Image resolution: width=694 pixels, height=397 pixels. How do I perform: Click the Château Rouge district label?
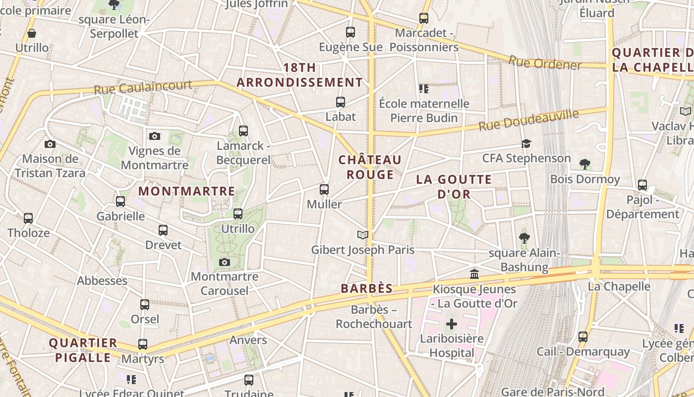click(370, 167)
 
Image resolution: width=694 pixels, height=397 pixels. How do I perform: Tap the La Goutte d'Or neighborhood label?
click(454, 187)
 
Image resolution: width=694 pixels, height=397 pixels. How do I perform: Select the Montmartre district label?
click(186, 191)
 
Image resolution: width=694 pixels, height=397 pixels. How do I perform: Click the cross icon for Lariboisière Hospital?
click(451, 324)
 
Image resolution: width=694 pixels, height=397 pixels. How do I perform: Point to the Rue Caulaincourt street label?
click(143, 87)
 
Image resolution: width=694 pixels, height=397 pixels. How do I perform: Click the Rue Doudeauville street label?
click(528, 120)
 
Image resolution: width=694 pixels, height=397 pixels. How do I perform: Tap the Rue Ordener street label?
click(545, 63)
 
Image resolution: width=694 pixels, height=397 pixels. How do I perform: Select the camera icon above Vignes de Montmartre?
click(155, 136)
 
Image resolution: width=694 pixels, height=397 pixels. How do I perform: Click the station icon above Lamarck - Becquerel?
click(243, 131)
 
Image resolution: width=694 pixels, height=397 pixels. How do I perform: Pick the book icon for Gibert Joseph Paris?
click(363, 235)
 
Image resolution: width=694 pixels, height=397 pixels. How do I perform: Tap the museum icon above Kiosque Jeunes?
click(474, 274)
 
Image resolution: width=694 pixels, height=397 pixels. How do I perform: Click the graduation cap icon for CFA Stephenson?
click(526, 143)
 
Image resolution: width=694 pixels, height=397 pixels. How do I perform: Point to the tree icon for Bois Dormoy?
click(585, 164)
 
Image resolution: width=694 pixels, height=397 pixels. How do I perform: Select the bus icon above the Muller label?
click(324, 189)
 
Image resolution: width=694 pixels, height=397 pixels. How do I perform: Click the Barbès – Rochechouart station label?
click(374, 317)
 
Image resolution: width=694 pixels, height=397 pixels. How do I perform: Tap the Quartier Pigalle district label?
click(83, 350)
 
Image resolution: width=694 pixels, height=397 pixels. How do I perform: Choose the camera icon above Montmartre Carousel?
click(225, 262)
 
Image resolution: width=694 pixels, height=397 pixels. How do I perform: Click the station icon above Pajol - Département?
click(642, 185)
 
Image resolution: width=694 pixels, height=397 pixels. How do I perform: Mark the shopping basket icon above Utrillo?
click(32, 33)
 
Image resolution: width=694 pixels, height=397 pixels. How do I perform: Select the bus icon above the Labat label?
click(341, 102)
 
